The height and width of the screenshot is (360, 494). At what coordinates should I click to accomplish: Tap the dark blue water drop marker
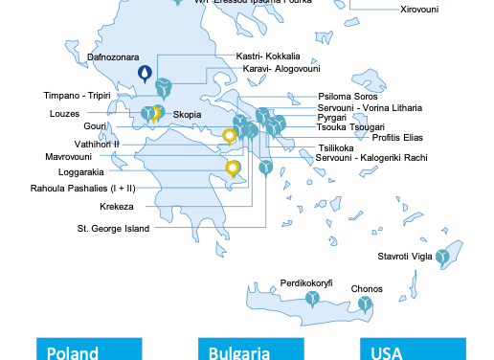pyautogui.click(x=145, y=72)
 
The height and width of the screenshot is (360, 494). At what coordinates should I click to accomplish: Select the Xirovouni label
pyautogui.click(x=419, y=10)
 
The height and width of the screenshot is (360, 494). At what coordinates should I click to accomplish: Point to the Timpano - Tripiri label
pyautogui.click(x=78, y=96)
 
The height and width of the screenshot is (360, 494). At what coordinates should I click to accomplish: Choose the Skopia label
pyautogui.click(x=188, y=115)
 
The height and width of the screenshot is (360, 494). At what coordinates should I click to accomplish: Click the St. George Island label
pyautogui.click(x=114, y=229)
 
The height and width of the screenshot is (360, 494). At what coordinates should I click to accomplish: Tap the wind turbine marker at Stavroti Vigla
pyautogui.click(x=442, y=257)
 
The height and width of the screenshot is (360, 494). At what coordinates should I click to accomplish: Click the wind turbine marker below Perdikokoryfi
pyautogui.click(x=312, y=301)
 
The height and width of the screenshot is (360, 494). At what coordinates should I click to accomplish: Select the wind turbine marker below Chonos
pyautogui.click(x=365, y=304)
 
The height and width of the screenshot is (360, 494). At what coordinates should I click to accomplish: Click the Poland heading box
pyautogui.click(x=88, y=349)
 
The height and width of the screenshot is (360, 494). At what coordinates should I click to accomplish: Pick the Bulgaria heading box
pyautogui.click(x=250, y=349)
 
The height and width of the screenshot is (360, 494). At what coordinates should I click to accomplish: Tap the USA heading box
pyautogui.click(x=412, y=349)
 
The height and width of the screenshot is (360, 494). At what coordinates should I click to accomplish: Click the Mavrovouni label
pyautogui.click(x=69, y=156)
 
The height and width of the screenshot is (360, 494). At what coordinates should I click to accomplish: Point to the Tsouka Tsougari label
pyautogui.click(x=350, y=127)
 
